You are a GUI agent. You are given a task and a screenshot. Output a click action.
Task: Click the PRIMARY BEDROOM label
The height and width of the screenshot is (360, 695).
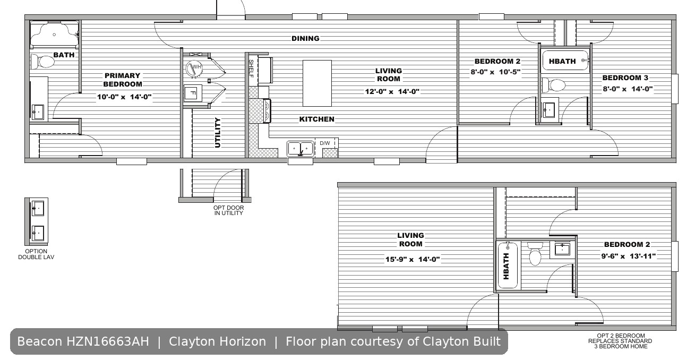point(123,80)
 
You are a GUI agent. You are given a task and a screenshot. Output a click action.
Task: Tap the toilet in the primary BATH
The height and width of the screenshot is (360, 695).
point(43,62)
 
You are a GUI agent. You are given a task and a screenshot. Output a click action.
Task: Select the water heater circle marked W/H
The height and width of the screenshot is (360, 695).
point(194,68)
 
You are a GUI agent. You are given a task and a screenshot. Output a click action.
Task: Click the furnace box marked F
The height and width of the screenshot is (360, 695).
point(192,93)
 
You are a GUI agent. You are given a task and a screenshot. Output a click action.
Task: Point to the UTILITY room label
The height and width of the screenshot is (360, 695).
point(218,133)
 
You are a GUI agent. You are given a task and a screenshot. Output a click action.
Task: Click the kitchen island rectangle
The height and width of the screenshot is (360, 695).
point(317,83)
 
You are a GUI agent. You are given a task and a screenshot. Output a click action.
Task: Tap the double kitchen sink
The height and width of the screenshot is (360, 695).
point(301,149)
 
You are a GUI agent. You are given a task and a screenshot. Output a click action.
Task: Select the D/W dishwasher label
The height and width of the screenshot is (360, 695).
point(325,143)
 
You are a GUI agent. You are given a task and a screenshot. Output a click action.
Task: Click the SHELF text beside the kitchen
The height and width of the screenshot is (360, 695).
point(251,68)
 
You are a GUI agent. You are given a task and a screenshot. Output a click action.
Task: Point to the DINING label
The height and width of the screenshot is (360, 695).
point(305,38)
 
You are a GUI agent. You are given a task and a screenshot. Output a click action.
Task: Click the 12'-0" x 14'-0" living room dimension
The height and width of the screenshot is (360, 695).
point(392,91)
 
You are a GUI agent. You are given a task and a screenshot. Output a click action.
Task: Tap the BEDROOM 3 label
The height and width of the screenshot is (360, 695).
point(625,78)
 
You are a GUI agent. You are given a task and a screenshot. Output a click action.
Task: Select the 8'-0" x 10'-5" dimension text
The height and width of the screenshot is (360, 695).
point(495,72)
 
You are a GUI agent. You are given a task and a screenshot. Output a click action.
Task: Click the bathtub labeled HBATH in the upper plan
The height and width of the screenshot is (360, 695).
point(565,61)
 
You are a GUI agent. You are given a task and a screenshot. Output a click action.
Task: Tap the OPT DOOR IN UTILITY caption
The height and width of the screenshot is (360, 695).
point(229,210)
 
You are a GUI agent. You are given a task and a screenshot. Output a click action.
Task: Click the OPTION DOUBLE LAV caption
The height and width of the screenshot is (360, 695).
point(36,254)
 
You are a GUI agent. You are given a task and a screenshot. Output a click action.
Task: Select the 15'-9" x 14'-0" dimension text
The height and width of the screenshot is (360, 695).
point(413,259)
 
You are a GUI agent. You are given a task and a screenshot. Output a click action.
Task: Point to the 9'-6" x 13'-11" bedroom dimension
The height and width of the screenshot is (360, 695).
point(629,256)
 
